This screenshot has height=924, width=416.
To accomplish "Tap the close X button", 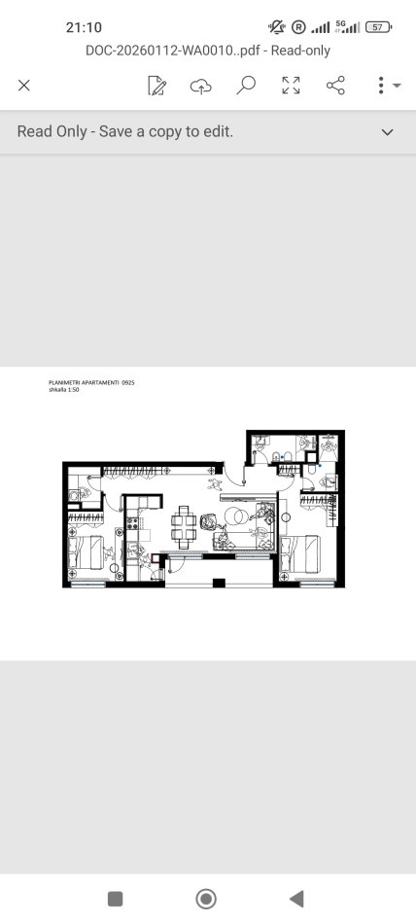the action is (x=23, y=86).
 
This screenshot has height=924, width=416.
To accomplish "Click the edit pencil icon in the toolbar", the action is (x=156, y=86).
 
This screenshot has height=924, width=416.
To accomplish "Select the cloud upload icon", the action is (x=201, y=86).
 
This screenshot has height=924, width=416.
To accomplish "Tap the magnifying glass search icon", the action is (x=246, y=86).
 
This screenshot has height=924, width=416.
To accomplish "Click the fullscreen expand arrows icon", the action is (x=291, y=86).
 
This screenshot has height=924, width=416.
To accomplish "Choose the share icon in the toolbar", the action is (x=336, y=86).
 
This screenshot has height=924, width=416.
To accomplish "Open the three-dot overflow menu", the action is (x=381, y=86).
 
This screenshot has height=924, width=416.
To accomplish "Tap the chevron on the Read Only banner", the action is (x=387, y=132).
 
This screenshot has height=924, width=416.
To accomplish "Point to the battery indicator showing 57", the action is (x=378, y=27).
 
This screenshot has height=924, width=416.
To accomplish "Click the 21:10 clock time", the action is (x=84, y=27).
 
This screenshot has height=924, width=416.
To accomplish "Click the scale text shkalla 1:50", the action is (x=63, y=389).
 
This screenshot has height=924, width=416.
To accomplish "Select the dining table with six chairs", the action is (x=184, y=527).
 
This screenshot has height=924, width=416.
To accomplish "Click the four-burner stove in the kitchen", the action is (x=132, y=522).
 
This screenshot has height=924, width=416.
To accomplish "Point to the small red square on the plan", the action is (x=156, y=558).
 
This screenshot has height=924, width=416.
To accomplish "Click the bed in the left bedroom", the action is (x=87, y=552).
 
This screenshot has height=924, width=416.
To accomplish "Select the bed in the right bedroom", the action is (x=300, y=554).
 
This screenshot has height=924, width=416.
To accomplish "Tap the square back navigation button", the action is (x=116, y=899).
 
